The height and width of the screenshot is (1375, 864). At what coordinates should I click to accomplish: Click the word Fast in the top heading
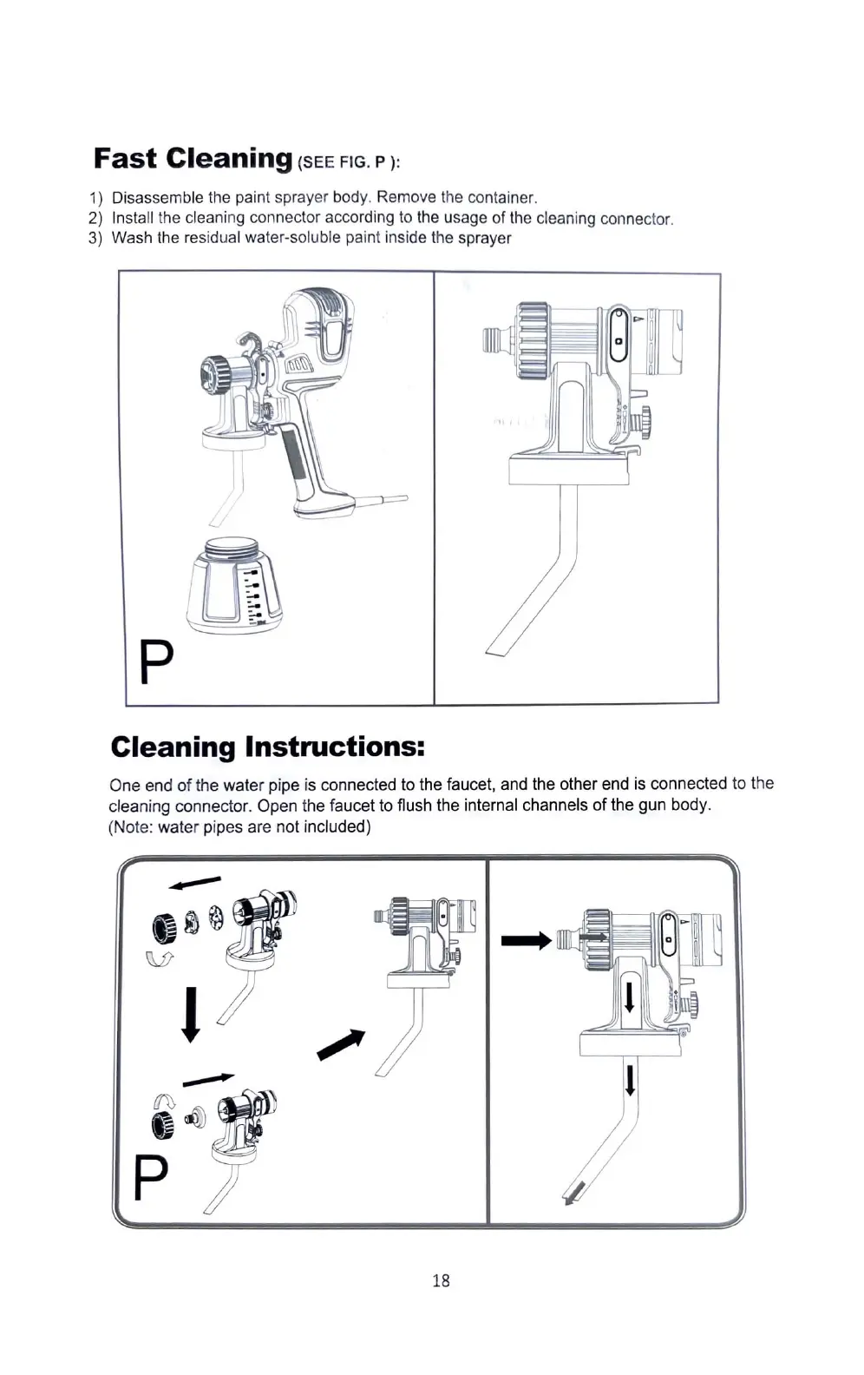click(x=125, y=159)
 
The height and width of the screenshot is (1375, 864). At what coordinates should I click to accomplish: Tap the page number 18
click(x=441, y=1280)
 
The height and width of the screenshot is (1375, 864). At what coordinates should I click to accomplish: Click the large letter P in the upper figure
click(x=157, y=663)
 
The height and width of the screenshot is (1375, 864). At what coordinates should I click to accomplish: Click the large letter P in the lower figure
click(x=151, y=1176)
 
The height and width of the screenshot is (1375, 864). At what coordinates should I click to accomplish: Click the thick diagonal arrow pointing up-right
click(x=341, y=1044)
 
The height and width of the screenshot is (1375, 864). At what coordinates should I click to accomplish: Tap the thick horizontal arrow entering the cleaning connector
click(x=526, y=939)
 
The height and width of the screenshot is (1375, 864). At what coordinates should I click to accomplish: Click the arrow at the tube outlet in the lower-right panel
click(x=573, y=1194)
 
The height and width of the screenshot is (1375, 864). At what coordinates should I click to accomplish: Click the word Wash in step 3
click(x=132, y=238)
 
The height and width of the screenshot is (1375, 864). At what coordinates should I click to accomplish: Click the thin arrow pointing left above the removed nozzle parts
click(x=195, y=883)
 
